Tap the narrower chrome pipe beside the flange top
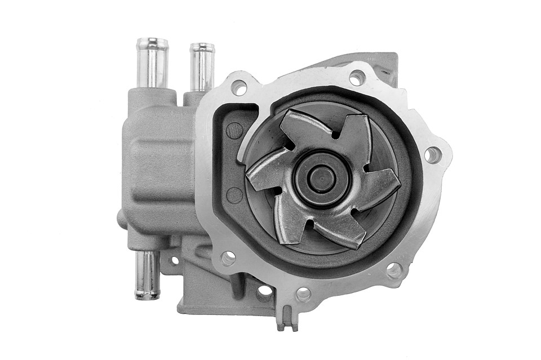202,68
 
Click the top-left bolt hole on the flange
238,87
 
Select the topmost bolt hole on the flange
357,78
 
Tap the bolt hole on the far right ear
432,155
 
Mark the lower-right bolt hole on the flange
393,270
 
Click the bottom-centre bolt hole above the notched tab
303,294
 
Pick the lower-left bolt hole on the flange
228,258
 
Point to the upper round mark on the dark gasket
234,131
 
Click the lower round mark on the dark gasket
234,195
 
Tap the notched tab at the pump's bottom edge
287,321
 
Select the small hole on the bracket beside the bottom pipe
174,260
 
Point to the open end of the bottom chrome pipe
147,294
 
